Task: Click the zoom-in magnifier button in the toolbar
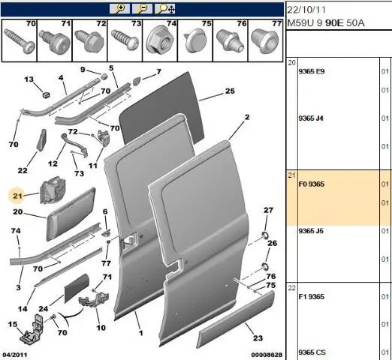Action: click(x=119, y=9)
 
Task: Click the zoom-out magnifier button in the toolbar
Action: click(x=142, y=9)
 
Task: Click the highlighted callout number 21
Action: click(x=17, y=196)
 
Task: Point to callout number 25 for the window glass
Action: click(x=230, y=91)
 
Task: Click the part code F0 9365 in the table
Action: click(x=312, y=184)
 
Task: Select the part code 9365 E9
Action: click(x=312, y=71)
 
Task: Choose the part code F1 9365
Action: click(x=312, y=297)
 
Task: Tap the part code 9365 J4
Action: click(x=311, y=118)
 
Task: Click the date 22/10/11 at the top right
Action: click(x=306, y=10)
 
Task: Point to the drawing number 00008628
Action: click(x=267, y=355)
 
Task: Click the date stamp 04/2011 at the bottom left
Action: click(x=15, y=355)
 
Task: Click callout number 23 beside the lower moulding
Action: click(x=258, y=338)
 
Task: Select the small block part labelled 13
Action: click(x=46, y=95)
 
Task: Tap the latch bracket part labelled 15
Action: click(x=32, y=330)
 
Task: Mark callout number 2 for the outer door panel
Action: click(x=247, y=117)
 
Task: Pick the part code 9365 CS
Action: click(x=312, y=352)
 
